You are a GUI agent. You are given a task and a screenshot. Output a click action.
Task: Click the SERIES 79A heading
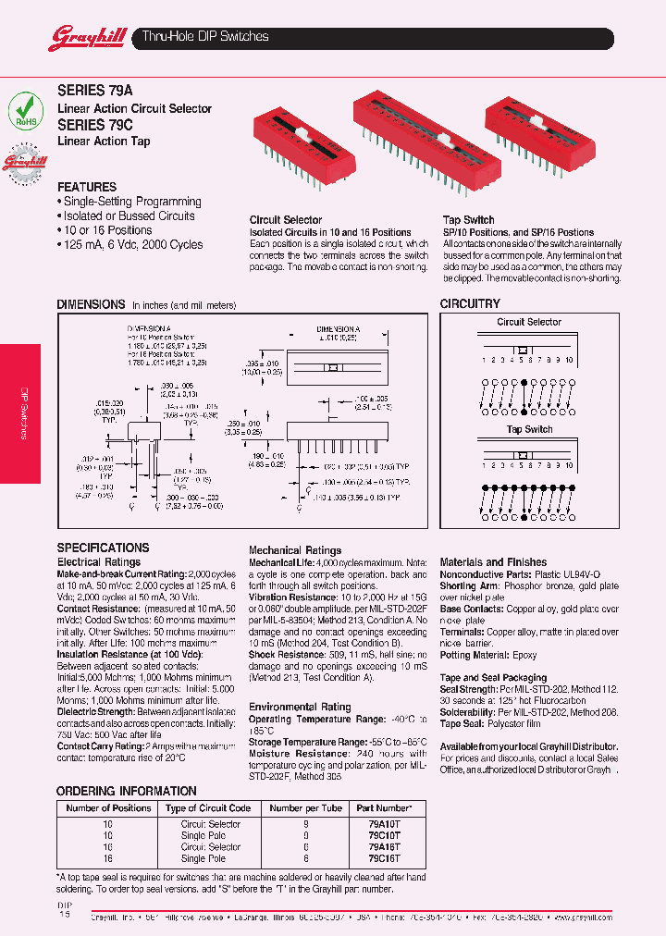click(94, 92)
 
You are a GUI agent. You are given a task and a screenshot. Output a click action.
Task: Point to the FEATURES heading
click(87, 187)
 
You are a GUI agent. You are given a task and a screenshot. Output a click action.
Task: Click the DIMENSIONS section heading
click(91, 303)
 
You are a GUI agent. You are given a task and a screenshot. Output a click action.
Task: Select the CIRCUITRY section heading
click(470, 303)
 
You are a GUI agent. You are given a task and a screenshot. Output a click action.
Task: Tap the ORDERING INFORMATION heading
click(127, 791)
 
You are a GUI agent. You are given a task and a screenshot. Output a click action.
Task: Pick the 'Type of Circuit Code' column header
click(208, 808)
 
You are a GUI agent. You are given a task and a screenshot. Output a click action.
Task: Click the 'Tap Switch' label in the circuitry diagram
click(529, 429)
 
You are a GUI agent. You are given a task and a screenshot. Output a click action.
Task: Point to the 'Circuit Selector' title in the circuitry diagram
click(529, 322)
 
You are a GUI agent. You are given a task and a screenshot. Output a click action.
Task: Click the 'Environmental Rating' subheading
click(300, 707)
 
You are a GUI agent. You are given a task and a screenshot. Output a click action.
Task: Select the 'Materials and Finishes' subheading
click(493, 561)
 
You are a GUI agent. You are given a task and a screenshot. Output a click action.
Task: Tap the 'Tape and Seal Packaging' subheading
click(493, 678)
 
